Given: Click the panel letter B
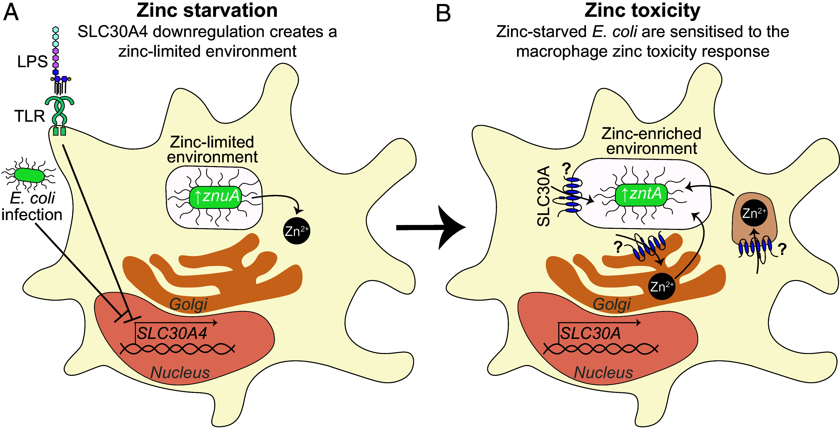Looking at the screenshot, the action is [x=443, y=13].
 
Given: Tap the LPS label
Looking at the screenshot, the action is [x=32, y=61].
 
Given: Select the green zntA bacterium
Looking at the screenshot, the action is [x=641, y=195].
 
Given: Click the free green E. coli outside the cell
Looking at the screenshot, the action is [x=30, y=175].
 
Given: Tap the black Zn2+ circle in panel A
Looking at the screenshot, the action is [x=296, y=231].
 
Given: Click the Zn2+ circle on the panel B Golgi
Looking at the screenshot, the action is [x=662, y=287].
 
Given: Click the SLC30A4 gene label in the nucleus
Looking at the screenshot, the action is [x=172, y=334].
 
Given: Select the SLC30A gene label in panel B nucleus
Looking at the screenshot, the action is [x=590, y=334].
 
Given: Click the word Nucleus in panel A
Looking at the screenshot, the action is [x=180, y=372].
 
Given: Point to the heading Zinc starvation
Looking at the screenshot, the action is [x=207, y=10].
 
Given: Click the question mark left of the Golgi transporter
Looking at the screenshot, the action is [x=618, y=247].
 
